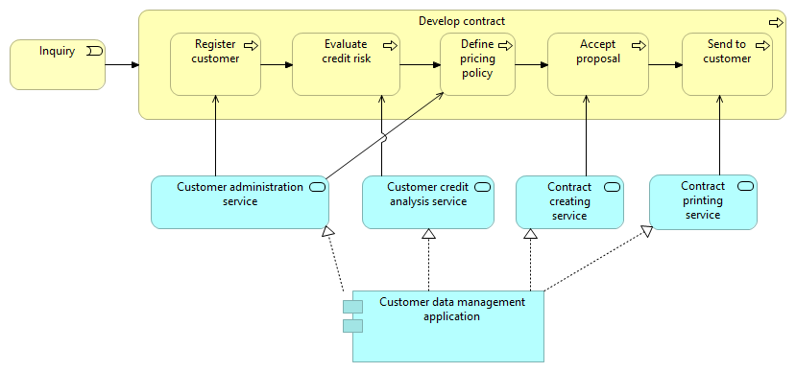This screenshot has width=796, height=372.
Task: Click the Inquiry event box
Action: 57,65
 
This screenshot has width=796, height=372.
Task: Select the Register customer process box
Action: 215,65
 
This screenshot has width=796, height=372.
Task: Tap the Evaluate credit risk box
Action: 346,65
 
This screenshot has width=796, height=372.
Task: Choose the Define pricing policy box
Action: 477,65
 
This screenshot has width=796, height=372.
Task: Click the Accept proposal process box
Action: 597,65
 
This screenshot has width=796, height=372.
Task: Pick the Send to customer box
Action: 727,65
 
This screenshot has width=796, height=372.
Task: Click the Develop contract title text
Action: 461,21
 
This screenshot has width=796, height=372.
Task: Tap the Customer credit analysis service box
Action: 427,202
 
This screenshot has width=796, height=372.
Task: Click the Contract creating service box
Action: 569,202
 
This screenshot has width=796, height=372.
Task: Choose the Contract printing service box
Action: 703,202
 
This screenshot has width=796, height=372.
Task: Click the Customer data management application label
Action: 452,309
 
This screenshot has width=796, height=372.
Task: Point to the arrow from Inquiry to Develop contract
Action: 121,65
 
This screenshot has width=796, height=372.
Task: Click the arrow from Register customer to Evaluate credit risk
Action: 277,65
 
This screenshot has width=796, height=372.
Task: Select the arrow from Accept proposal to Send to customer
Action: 665,65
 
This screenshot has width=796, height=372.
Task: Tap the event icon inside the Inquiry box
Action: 93,51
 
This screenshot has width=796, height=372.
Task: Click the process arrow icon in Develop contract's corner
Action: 775,22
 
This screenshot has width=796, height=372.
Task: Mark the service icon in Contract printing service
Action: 745,187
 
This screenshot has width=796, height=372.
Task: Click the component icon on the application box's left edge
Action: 353,316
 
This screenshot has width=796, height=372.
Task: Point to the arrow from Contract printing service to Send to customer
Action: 719,134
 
